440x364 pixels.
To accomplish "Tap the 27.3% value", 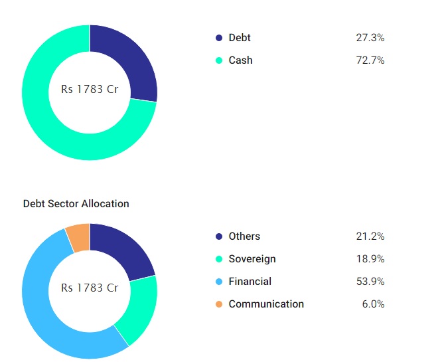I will pyautogui.click(x=370, y=38).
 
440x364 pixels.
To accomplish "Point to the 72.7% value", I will pyautogui.click(x=370, y=60).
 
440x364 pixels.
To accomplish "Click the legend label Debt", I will pyautogui.click(x=240, y=38).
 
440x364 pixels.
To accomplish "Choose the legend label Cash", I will pyautogui.click(x=240, y=60).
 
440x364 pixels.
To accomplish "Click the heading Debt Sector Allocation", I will pyautogui.click(x=76, y=204).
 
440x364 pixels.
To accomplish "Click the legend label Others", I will pyautogui.click(x=244, y=236).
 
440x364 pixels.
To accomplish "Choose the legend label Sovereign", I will pyautogui.click(x=252, y=259).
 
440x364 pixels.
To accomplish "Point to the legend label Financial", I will pyautogui.click(x=250, y=282).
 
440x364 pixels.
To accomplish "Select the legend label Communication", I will pyautogui.click(x=266, y=304).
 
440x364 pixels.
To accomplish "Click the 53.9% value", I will pyautogui.click(x=370, y=282).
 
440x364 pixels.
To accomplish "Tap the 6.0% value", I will pyautogui.click(x=373, y=304).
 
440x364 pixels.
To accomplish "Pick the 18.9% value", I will pyautogui.click(x=370, y=259).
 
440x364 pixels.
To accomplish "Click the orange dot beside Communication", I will pyautogui.click(x=219, y=304).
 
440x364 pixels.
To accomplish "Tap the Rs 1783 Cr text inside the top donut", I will pyautogui.click(x=90, y=89).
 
